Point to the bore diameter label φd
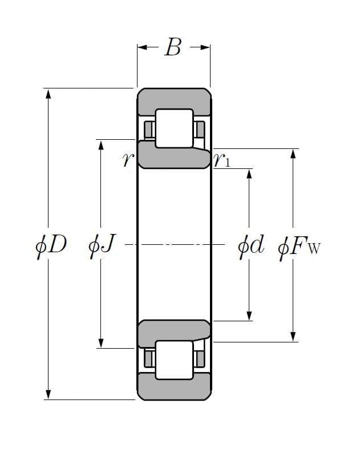[251, 246]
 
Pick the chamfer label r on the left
[127, 160]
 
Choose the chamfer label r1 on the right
[223, 161]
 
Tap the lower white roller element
[174, 360]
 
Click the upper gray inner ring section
[171, 158]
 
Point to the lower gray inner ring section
[171, 330]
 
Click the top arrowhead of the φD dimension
[48, 93]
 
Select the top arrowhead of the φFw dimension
[293, 154]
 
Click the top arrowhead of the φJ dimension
[101, 144]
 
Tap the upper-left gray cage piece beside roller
[149, 130]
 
